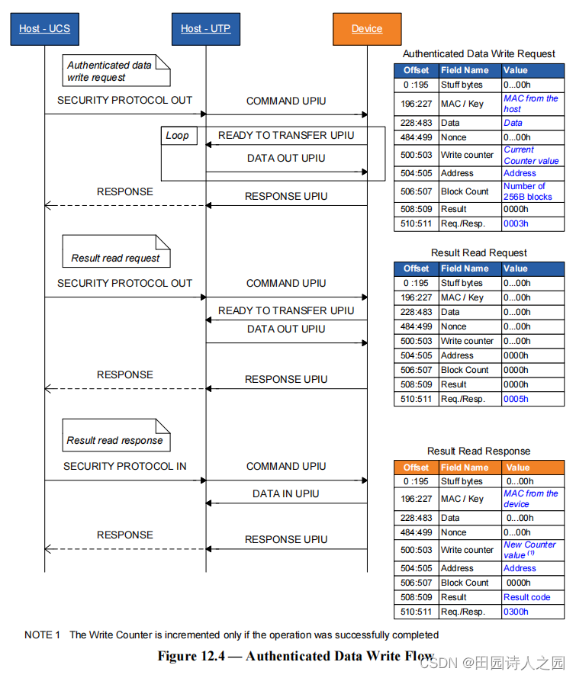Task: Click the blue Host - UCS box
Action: [44, 29]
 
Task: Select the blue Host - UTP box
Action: [205, 29]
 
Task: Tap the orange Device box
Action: [367, 29]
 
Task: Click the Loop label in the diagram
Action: [177, 136]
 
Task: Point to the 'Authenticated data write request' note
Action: [117, 71]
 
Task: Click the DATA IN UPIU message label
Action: [286, 493]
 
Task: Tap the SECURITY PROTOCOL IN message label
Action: [125, 466]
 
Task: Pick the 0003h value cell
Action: [516, 223]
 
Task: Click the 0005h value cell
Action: [516, 399]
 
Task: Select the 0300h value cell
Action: [516, 612]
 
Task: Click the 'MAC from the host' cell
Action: [531, 104]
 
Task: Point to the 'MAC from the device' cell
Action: [531, 499]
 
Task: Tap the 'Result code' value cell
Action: [526, 597]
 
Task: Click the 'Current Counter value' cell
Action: [531, 156]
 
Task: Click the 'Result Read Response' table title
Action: [478, 451]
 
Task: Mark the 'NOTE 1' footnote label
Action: [42, 635]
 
